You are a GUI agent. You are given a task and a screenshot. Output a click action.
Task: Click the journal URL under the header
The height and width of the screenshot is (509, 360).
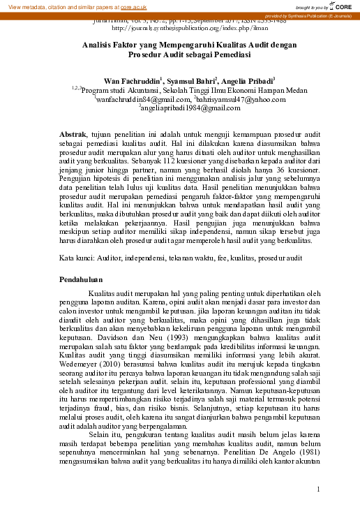click(x=180, y=29)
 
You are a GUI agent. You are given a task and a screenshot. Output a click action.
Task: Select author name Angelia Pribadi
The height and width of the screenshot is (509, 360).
click(x=248, y=81)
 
